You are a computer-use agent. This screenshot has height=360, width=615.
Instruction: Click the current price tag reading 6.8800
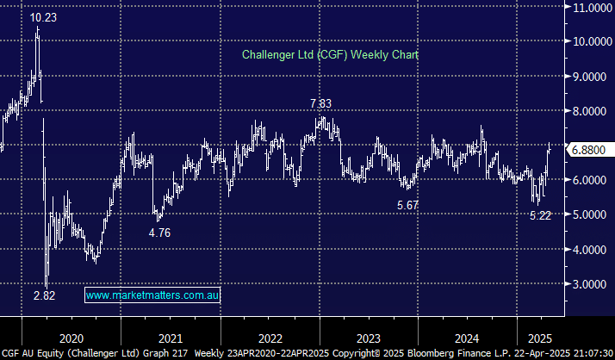click(x=591, y=149)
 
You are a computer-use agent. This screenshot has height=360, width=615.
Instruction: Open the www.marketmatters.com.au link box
click(x=153, y=295)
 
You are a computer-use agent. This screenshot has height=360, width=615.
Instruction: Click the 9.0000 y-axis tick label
click(x=591, y=76)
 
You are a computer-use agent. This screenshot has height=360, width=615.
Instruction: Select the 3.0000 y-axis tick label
click(x=591, y=284)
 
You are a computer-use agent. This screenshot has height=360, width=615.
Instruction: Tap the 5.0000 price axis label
click(x=591, y=214)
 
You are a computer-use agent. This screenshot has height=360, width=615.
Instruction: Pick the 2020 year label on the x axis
click(x=71, y=338)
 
